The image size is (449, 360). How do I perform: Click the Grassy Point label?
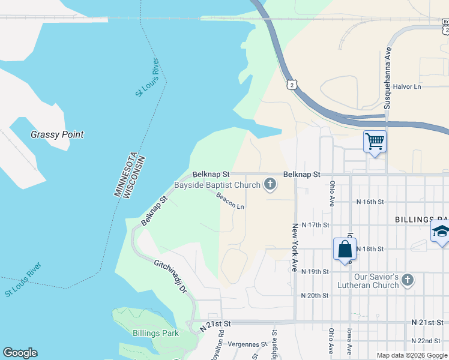point(57,135)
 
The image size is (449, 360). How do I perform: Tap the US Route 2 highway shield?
point(292,85)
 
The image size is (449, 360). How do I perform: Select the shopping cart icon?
point(375,142)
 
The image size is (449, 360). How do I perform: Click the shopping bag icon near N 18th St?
point(345,249)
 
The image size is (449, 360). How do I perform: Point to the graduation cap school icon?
point(441,232)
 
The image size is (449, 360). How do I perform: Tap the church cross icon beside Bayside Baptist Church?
point(270,185)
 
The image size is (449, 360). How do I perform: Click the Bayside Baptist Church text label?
point(217,185)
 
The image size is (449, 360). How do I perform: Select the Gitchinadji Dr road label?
point(171,276)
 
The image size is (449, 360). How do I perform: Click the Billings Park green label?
point(155,332)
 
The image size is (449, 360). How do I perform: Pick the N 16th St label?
point(370,202)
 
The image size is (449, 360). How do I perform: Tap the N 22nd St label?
point(427,341)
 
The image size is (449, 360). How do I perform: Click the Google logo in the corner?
point(20,353)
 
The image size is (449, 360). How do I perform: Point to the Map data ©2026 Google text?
point(412,355)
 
